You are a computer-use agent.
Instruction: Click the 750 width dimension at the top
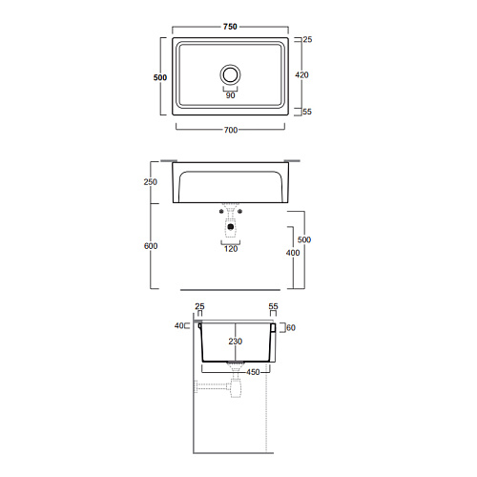(230, 27)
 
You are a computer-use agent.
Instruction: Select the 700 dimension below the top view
(231, 130)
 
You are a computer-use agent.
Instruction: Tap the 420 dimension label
(301, 75)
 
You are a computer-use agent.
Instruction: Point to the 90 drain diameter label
(230, 95)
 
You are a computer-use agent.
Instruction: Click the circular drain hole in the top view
(230, 74)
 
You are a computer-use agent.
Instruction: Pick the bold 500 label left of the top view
(160, 77)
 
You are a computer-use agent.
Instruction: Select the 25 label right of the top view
(307, 40)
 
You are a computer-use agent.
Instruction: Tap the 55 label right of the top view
(307, 112)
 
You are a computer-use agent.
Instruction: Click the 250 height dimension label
(151, 182)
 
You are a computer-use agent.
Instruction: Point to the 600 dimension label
(151, 246)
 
